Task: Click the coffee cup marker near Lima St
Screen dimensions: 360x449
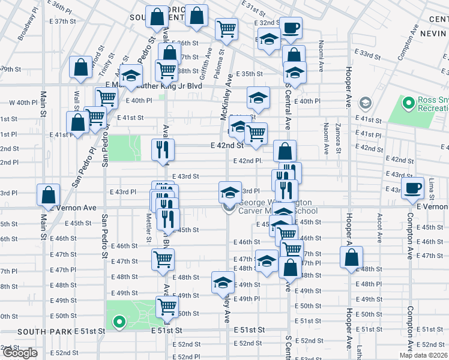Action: coord(412,188)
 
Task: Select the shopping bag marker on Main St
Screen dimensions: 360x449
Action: coord(48,194)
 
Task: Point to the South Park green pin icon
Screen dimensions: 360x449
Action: coord(119,323)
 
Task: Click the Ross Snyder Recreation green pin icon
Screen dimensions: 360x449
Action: coord(409,104)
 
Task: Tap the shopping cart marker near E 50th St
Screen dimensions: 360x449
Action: coord(167,307)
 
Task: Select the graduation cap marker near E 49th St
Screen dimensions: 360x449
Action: coord(222,282)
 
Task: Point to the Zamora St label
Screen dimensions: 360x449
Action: coord(339,137)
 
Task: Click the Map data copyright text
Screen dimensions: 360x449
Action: coord(423,355)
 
